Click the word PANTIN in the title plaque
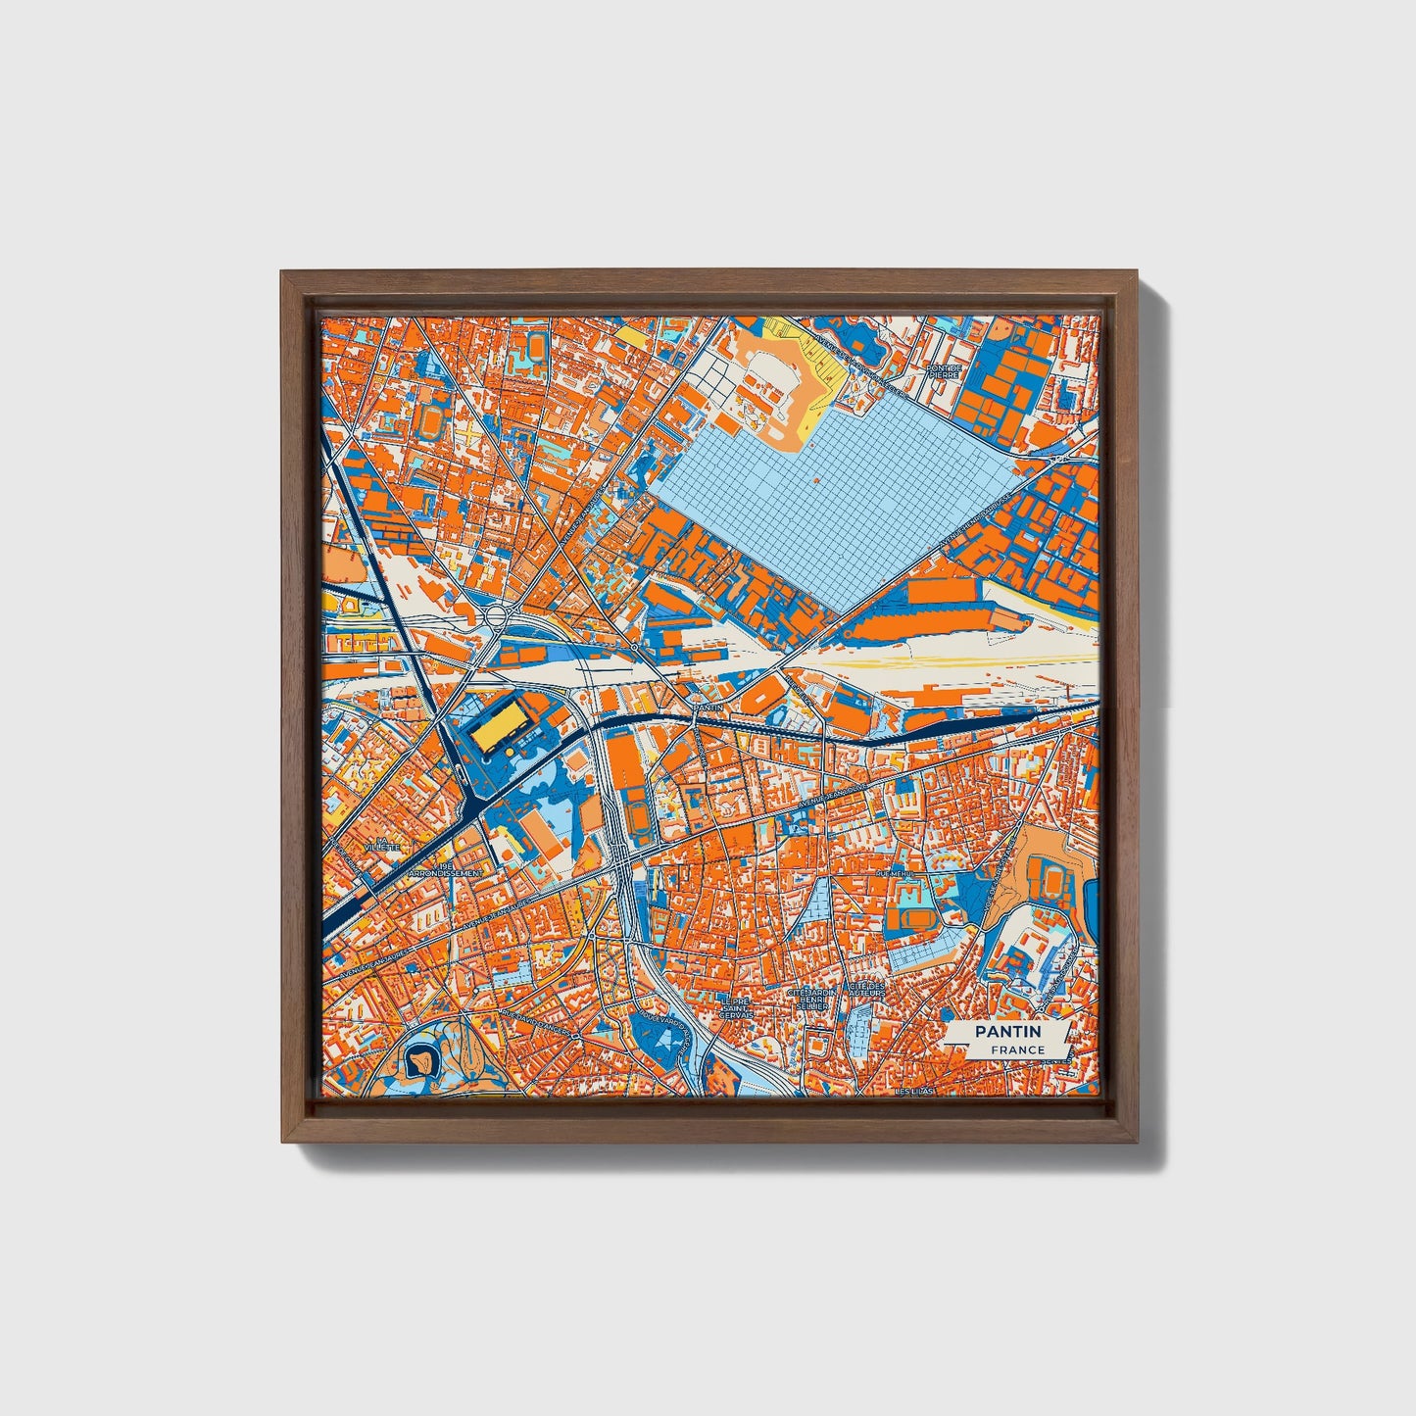click(x=1007, y=1032)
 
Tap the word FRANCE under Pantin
click(x=1016, y=1050)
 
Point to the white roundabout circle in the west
click(x=495, y=616)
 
